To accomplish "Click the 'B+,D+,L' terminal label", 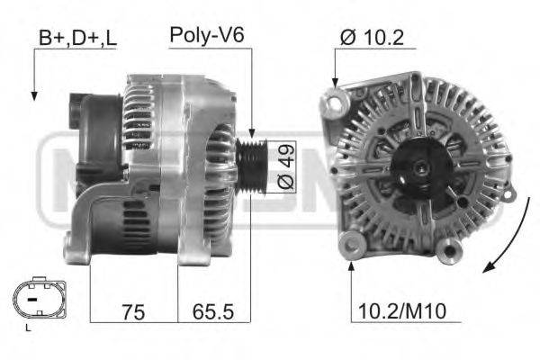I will click(x=76, y=39).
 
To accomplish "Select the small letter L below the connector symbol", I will click(x=29, y=330).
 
